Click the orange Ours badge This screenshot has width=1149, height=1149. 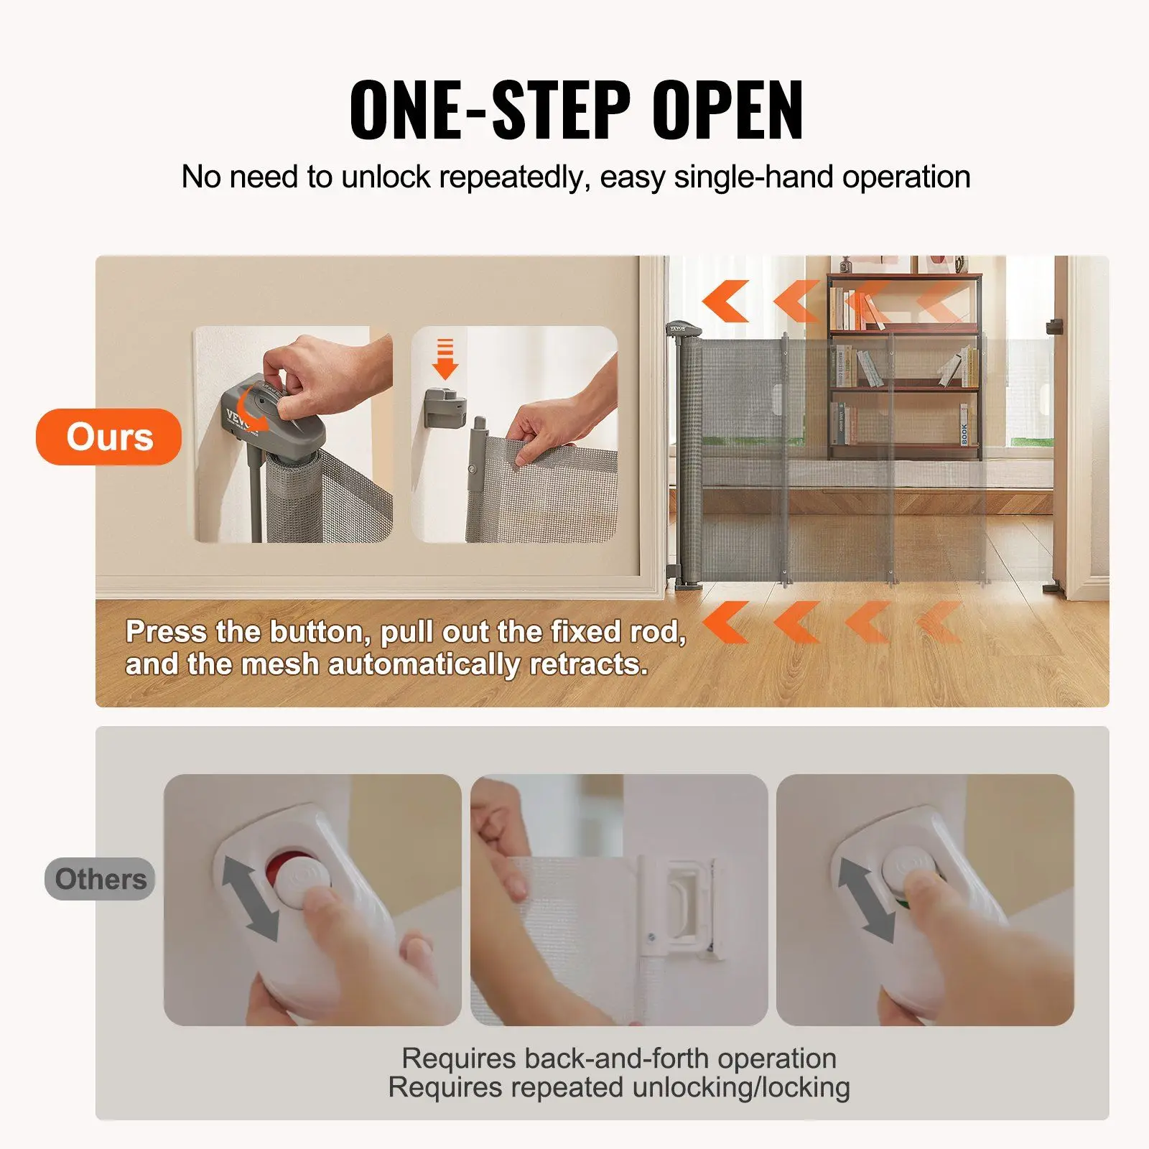coord(109,437)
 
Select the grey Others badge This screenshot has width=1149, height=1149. coord(101,879)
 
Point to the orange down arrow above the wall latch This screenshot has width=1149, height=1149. coord(445,359)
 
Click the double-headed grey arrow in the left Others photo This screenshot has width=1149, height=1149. coord(250,898)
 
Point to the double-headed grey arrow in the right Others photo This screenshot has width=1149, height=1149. coord(865,900)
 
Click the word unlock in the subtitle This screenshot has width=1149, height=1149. coord(385,177)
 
